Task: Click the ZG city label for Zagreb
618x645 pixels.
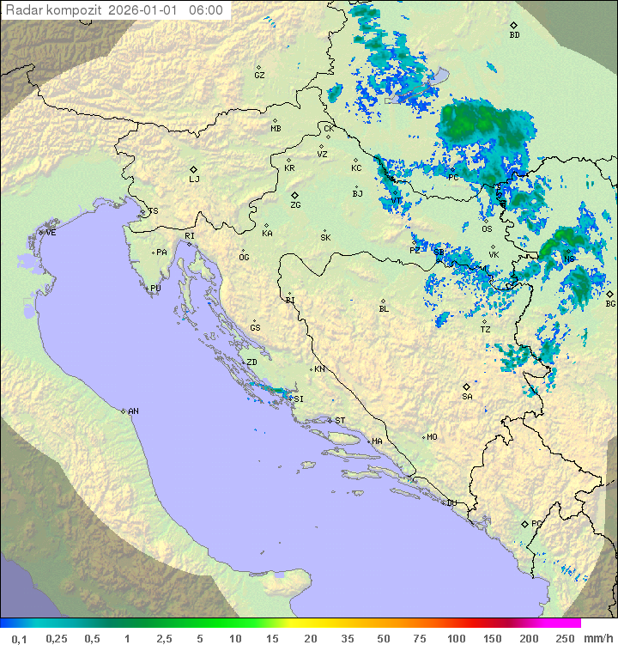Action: (295, 205)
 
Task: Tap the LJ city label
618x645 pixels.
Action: (194, 179)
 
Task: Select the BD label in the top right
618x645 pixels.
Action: (514, 35)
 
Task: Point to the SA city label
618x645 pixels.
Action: (467, 396)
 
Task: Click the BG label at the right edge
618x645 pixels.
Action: (610, 303)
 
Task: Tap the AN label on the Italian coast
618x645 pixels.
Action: (133, 411)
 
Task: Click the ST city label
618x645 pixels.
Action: (340, 420)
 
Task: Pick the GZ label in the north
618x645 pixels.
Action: (259, 75)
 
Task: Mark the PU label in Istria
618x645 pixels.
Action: (155, 289)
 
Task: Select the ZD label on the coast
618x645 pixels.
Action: (251, 362)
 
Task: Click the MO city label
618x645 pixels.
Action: (432, 436)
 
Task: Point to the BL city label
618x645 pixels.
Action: (384, 308)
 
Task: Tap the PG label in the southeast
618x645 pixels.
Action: (536, 523)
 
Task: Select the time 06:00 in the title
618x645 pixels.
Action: (205, 10)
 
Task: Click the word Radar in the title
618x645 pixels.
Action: (22, 10)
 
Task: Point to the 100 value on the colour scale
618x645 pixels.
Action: (456, 638)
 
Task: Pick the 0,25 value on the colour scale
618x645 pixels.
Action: (57, 638)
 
